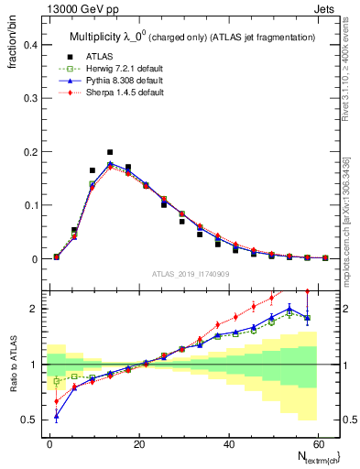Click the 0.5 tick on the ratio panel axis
(29, 420)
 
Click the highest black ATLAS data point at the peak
(110, 152)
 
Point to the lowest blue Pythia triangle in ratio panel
(57, 417)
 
